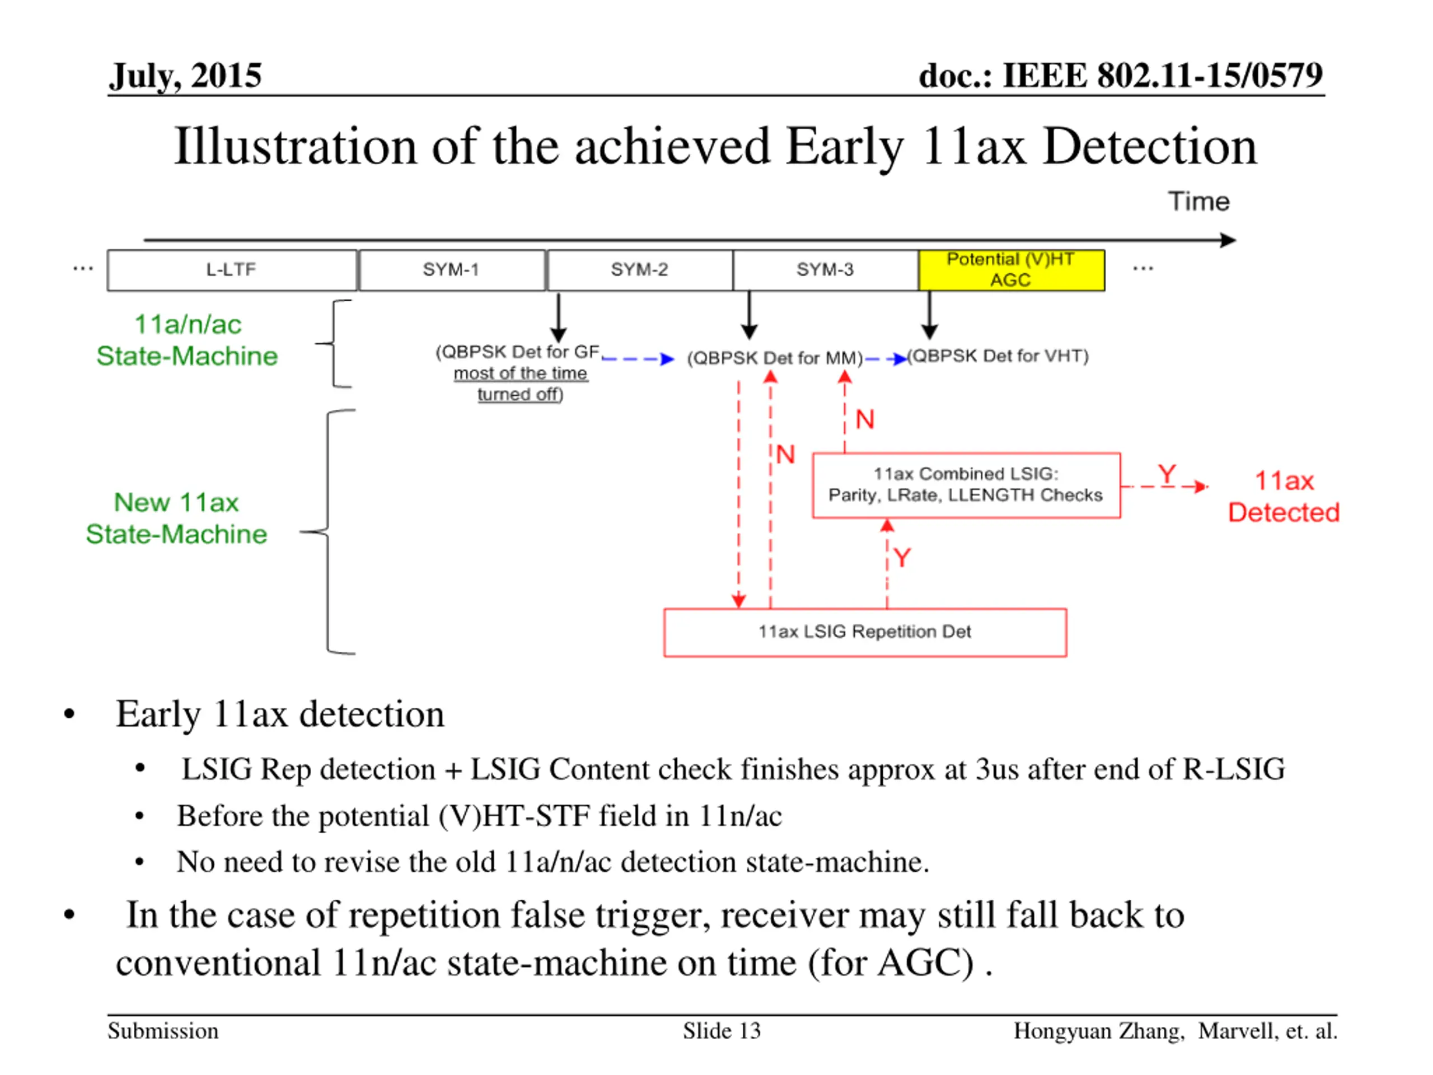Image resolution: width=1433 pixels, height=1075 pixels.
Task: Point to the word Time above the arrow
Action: tap(1198, 202)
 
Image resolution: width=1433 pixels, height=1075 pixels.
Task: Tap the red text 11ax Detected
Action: tap(1284, 497)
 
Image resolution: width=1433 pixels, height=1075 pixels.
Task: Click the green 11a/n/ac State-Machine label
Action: tap(187, 340)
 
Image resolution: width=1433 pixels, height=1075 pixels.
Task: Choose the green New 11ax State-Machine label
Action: tap(176, 518)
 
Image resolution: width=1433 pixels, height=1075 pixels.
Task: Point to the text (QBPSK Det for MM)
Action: tap(775, 358)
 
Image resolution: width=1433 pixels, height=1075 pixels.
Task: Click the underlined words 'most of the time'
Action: tap(520, 373)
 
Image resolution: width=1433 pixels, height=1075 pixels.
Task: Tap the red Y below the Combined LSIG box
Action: tap(902, 557)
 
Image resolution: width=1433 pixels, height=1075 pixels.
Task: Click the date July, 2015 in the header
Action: tap(185, 76)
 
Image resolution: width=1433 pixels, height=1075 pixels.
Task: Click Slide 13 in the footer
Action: tap(722, 1031)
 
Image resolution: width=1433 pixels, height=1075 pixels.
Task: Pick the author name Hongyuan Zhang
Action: tap(1099, 1031)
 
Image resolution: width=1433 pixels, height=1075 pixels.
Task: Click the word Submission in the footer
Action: tap(163, 1031)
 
